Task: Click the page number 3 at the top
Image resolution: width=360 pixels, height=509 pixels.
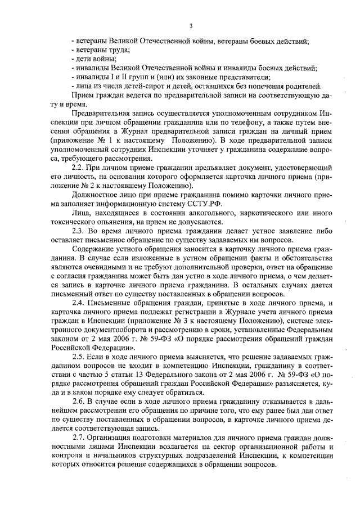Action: click(x=191, y=26)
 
